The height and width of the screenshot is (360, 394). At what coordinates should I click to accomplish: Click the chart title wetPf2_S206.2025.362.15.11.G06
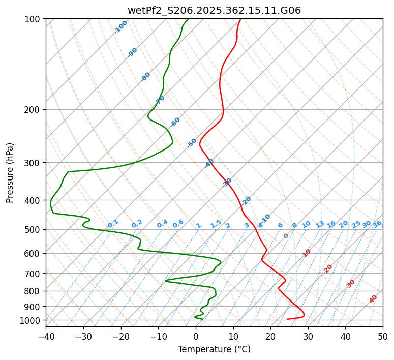[214, 10]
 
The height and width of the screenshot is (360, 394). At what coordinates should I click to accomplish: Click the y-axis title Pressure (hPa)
[10, 172]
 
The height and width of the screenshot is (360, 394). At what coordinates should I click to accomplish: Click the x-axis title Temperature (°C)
[214, 349]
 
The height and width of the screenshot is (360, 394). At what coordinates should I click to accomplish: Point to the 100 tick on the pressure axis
[35, 19]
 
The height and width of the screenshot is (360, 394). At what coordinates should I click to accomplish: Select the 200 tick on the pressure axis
[35, 109]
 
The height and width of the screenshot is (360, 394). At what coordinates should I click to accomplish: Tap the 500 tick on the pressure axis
[35, 229]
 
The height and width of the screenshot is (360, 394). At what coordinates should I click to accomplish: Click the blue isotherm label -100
[120, 27]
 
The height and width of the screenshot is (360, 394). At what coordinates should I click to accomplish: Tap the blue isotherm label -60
[175, 122]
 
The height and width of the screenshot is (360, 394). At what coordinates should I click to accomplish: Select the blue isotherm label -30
[227, 183]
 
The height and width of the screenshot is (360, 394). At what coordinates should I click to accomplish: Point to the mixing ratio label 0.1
[113, 224]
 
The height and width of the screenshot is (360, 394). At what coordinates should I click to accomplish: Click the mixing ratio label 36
[377, 224]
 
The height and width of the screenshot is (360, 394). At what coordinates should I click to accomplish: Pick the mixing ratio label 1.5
[216, 224]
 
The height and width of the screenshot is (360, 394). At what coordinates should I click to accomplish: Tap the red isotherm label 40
[373, 299]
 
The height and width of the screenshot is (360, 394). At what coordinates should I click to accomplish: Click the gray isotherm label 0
[286, 236]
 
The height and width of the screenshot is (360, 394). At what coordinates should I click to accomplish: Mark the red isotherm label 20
[328, 268]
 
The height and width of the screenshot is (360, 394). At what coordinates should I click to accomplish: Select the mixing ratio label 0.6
[178, 224]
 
